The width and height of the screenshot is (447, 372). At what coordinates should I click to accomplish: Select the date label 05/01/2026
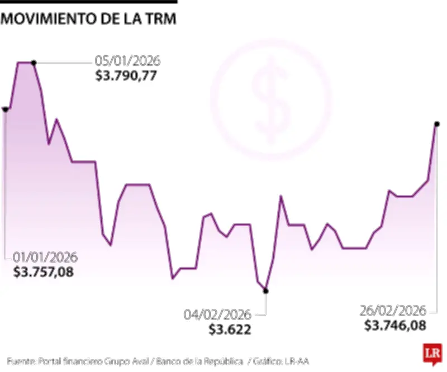(x=127, y=61)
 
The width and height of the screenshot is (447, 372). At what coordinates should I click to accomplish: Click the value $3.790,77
(x=126, y=75)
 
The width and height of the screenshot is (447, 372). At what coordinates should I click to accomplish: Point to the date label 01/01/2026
(x=45, y=257)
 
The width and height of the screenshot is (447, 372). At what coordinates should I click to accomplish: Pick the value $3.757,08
(x=44, y=272)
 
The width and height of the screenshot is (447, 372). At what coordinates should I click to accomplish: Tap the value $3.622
(x=230, y=329)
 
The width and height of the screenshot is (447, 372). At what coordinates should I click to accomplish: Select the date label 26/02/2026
(x=393, y=311)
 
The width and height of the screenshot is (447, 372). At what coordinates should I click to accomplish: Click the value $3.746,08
(x=394, y=325)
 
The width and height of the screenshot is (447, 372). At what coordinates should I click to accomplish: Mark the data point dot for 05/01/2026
(x=34, y=63)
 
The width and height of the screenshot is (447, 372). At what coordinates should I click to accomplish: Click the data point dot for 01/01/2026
(x=5, y=109)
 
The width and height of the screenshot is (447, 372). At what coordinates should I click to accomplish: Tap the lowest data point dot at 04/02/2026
(x=265, y=290)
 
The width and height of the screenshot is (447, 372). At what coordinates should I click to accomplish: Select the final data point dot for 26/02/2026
(x=436, y=123)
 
